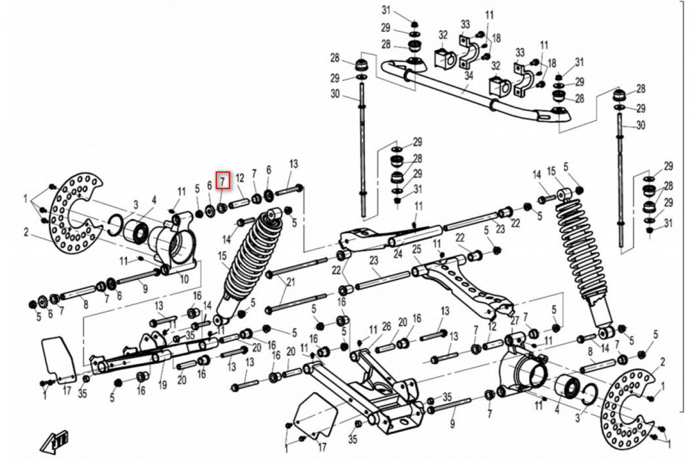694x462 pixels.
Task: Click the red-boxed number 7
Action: [x=223, y=180]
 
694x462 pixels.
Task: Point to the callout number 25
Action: [x=416, y=249]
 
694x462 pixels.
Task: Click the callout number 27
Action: [x=515, y=321]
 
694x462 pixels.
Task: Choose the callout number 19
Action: [x=162, y=385]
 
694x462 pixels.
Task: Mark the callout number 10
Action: [x=184, y=279]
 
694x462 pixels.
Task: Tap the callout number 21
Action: [x=290, y=282]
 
